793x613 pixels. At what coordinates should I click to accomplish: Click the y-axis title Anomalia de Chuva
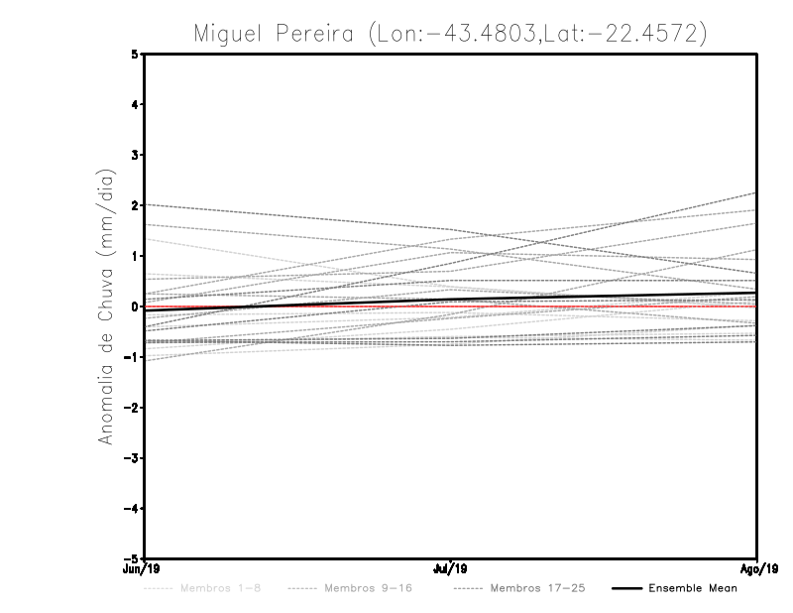[x=105, y=306]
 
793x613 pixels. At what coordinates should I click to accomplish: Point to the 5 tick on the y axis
[x=136, y=55]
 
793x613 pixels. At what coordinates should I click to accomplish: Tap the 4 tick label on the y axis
[x=136, y=105]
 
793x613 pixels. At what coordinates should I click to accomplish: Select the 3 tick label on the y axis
[x=136, y=156]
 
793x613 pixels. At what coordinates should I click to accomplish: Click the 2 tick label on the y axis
[x=136, y=206]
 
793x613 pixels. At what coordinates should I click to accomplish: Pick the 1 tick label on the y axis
[x=136, y=256]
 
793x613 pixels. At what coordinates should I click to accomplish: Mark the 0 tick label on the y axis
[x=136, y=306]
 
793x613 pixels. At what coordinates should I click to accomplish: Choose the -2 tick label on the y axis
[x=133, y=408]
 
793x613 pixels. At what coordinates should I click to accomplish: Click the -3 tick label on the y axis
[x=133, y=458]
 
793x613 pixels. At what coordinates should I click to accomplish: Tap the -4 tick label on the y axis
[x=133, y=508]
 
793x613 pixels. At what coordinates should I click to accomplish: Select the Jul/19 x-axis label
[x=451, y=568]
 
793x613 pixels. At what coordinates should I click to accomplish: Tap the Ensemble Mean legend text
[x=693, y=588]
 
